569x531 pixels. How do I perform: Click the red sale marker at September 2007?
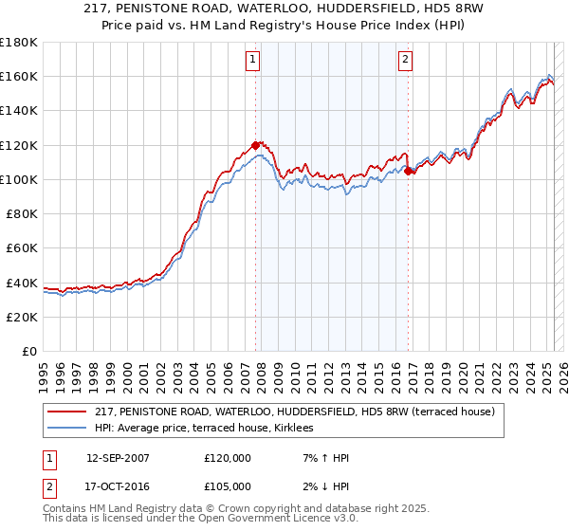click(255, 145)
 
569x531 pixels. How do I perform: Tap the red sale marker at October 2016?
click(408, 172)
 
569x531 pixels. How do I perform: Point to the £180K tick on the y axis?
click(20, 43)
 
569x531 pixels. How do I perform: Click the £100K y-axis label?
click(20, 179)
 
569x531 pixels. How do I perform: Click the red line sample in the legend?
click(67, 412)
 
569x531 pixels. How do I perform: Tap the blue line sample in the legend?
click(67, 428)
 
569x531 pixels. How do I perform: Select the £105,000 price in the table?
click(228, 486)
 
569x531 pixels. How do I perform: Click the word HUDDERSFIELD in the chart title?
click(345, 8)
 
